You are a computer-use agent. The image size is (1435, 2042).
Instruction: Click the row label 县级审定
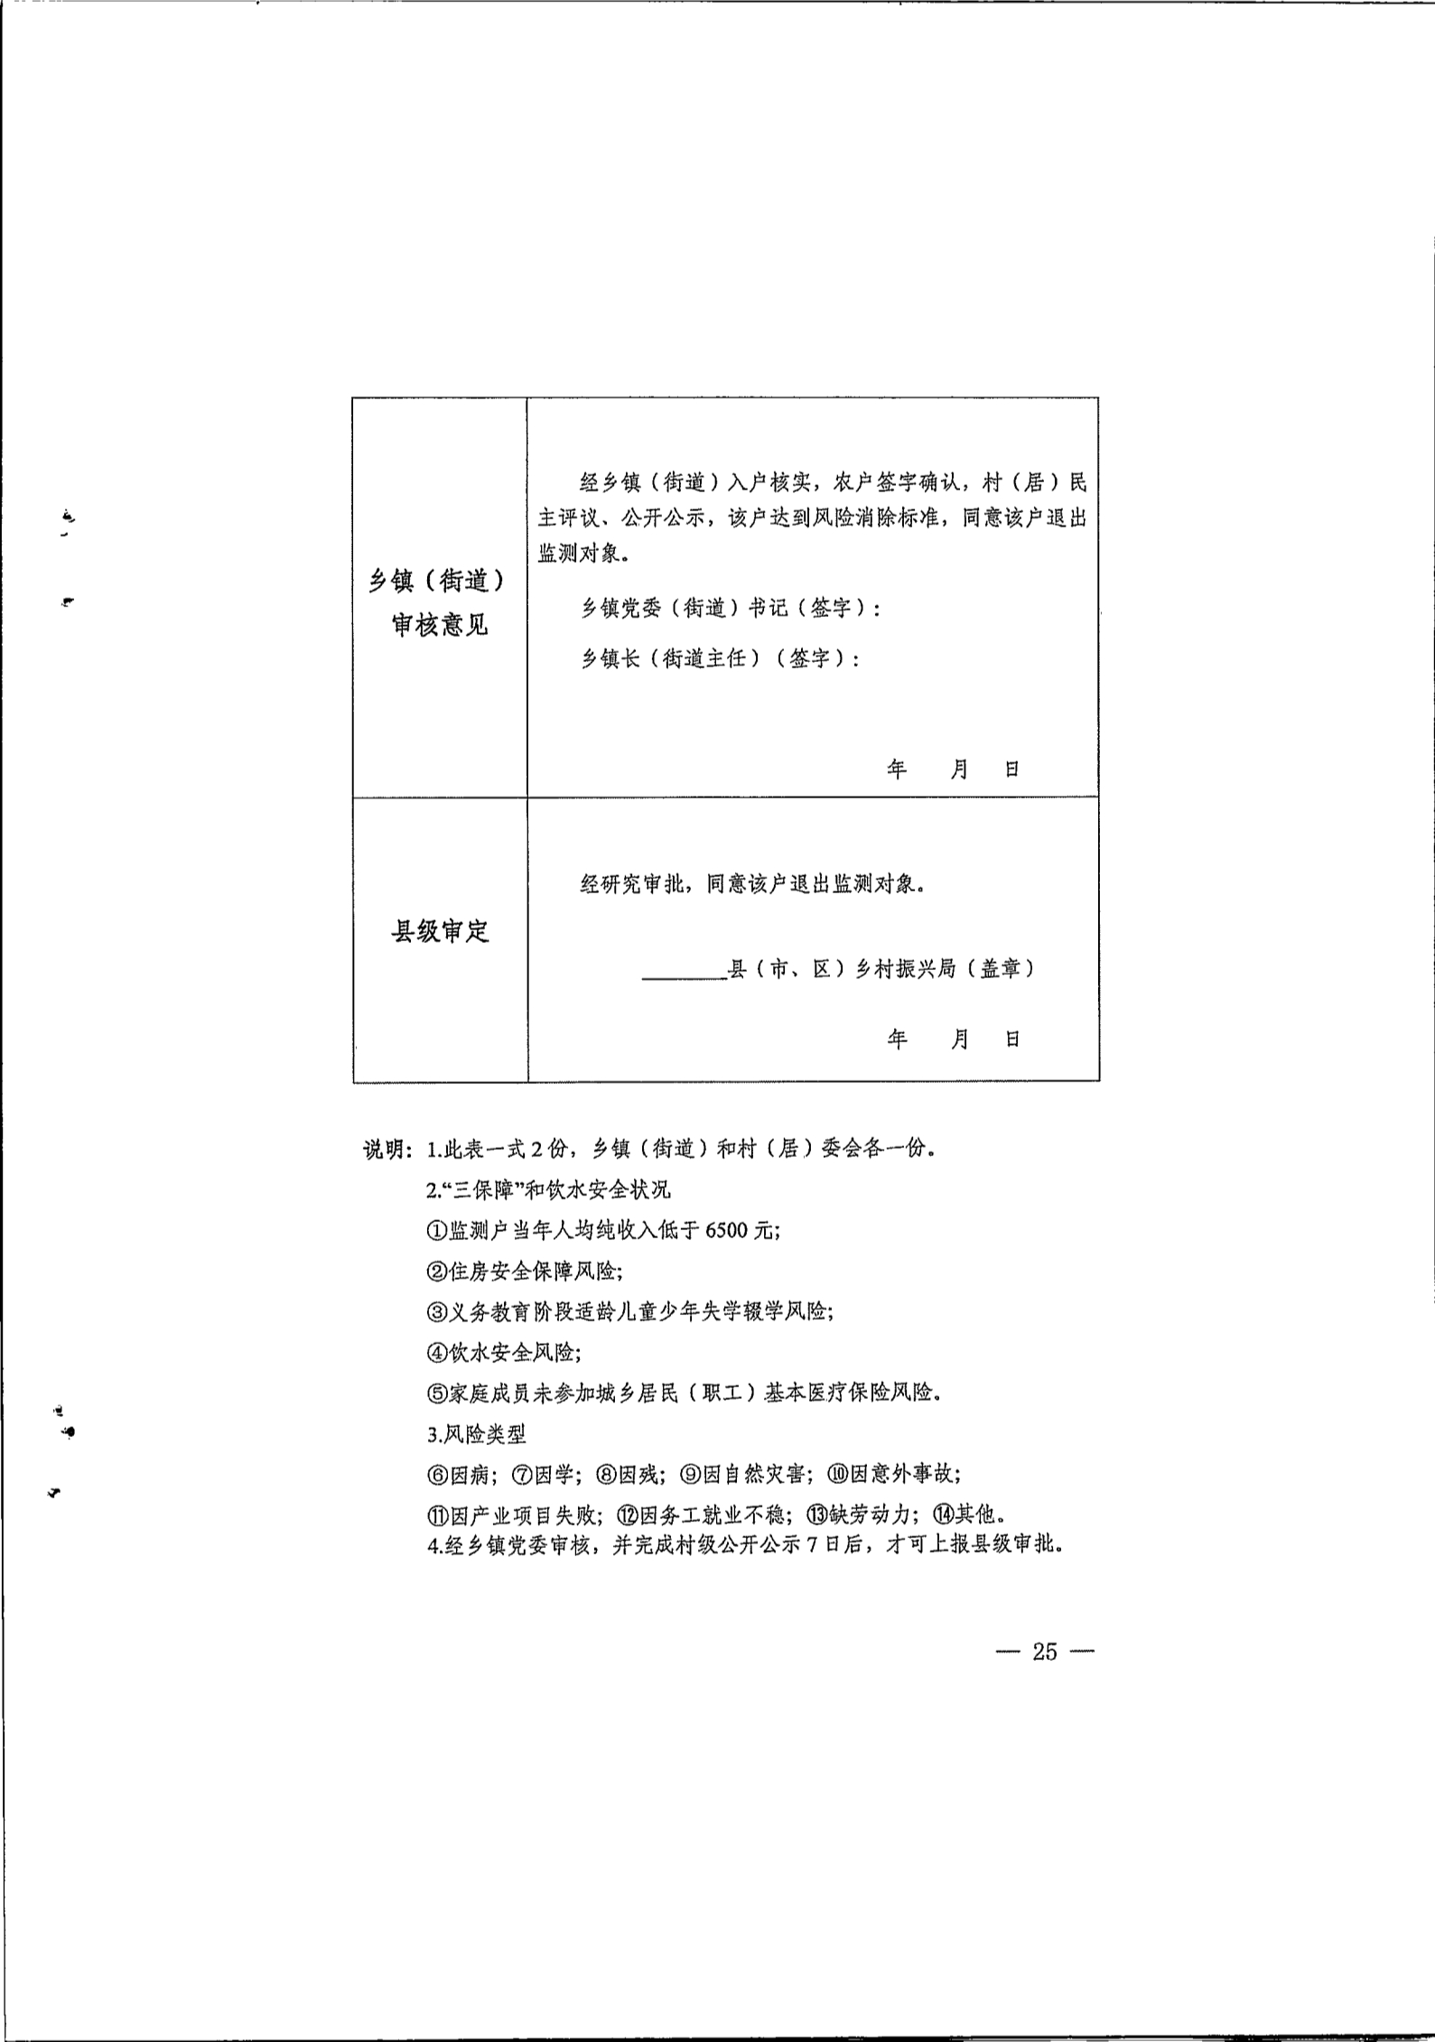(439, 932)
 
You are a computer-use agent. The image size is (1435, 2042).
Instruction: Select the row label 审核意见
(439, 625)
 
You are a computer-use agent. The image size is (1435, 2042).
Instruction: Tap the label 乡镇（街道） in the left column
(439, 581)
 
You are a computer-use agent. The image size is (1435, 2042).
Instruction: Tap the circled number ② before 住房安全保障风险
(437, 1271)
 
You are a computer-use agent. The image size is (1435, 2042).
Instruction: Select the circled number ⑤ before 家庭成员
(437, 1392)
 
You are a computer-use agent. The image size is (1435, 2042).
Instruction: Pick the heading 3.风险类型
(477, 1433)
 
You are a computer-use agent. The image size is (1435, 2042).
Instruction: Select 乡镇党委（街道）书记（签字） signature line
(730, 609)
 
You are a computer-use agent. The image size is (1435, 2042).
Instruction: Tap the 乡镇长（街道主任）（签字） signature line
(719, 658)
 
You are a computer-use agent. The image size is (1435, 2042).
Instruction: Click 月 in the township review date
(959, 769)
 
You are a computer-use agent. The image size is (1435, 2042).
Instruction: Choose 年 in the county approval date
(897, 1040)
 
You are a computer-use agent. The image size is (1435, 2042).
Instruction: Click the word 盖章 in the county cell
(1000, 969)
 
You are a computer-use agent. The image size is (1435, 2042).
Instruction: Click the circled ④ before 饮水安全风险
(437, 1352)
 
